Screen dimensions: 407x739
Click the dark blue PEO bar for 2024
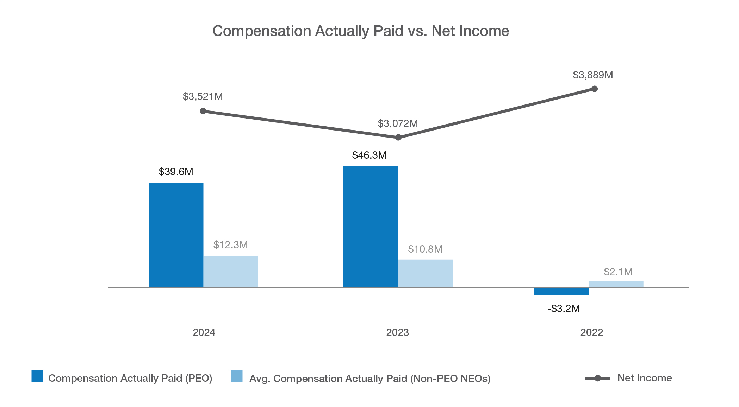[x=176, y=235]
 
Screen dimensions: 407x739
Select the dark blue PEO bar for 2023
[x=371, y=227]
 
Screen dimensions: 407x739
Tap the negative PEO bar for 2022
[x=561, y=291]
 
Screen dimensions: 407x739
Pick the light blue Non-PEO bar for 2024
[x=231, y=272]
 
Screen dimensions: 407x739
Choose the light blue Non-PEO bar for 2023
[x=425, y=273]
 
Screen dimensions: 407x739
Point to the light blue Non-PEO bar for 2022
[x=616, y=284]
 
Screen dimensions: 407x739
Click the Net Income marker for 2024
[x=203, y=111]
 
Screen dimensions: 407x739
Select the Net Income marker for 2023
[x=398, y=137]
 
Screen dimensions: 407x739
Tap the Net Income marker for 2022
[x=595, y=89]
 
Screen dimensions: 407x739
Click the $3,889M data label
[x=593, y=75]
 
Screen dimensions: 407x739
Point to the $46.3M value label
[x=369, y=155]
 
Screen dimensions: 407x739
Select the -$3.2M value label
[x=564, y=309]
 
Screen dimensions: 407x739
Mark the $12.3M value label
[x=230, y=245]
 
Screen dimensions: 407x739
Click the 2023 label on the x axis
[x=397, y=332]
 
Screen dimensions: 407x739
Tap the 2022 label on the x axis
[x=591, y=332]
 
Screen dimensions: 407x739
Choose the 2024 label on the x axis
[x=204, y=332]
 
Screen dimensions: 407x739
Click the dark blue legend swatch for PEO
[x=37, y=376]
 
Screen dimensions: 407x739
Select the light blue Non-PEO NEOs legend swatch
[x=237, y=376]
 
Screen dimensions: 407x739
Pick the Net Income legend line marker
[x=597, y=378]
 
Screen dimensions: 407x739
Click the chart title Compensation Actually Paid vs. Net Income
[x=361, y=31]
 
